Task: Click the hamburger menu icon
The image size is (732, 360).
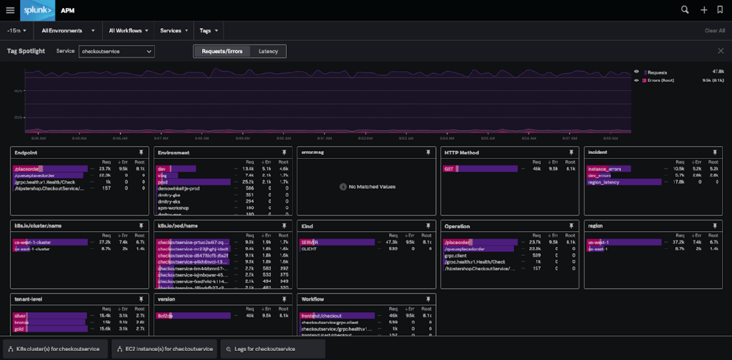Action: pyautogui.click(x=10, y=10)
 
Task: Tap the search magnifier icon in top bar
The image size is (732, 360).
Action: pyautogui.click(x=685, y=10)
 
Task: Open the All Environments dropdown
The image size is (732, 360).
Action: pyautogui.click(x=68, y=31)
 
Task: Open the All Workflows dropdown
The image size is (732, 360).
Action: pyautogui.click(x=129, y=31)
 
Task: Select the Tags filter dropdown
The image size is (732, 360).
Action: pyautogui.click(x=209, y=31)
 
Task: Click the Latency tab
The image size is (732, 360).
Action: pyautogui.click(x=268, y=51)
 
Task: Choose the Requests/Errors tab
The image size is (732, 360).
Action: pyautogui.click(x=222, y=51)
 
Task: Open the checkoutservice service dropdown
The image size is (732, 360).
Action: pyautogui.click(x=117, y=51)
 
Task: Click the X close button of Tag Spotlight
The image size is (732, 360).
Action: pyautogui.click(x=720, y=51)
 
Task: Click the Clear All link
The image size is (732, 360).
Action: pyautogui.click(x=714, y=31)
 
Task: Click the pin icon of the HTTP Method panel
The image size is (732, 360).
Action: pyautogui.click(x=571, y=153)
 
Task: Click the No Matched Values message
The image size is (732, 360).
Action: pyautogui.click(x=368, y=187)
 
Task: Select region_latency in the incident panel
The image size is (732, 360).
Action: pyautogui.click(x=603, y=182)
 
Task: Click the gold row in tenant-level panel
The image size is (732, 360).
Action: pyautogui.click(x=20, y=328)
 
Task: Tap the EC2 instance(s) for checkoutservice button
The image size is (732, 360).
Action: pyautogui.click(x=163, y=349)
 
